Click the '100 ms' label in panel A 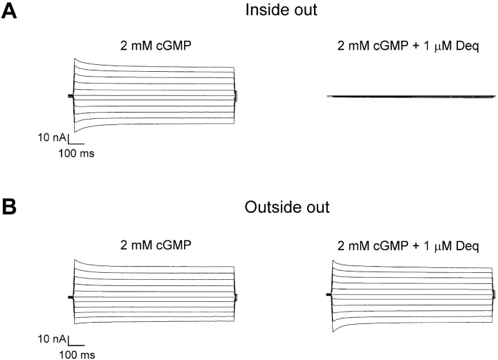(x=76, y=153)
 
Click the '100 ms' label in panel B (x=76, y=354)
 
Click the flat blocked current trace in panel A (x=408, y=97)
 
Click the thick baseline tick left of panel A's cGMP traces (x=71, y=97)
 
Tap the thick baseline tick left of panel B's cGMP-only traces (x=71, y=297)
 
